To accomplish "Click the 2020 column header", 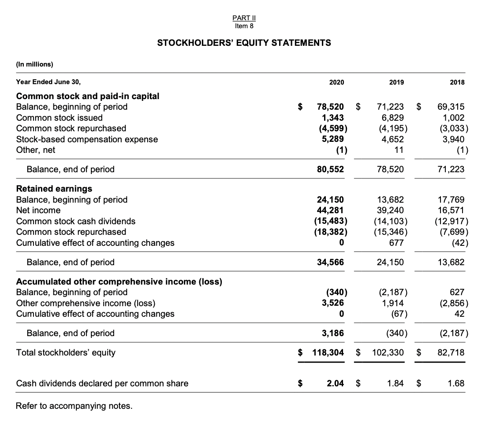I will click(x=336, y=82).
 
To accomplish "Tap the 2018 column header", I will click(x=457, y=82).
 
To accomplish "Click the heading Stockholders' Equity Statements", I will click(x=244, y=43).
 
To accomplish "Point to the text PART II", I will click(x=244, y=19).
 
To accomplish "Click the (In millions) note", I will click(x=34, y=64).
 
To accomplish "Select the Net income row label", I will click(x=38, y=210).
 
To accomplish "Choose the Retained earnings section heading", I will click(x=54, y=189).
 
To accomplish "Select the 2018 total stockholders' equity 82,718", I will click(x=451, y=352).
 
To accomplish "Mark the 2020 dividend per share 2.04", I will click(x=336, y=383).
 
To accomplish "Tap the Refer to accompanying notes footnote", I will click(x=74, y=406).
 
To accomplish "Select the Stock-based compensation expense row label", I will click(x=87, y=139).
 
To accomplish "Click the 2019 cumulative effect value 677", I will click(x=396, y=243).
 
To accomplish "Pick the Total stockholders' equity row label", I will click(x=66, y=352).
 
